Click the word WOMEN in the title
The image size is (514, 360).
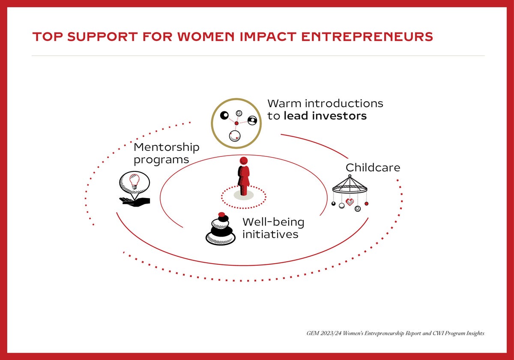click(206, 37)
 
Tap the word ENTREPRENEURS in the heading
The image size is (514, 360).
click(367, 37)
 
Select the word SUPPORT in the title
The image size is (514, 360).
click(102, 37)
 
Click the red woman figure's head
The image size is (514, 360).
click(243, 161)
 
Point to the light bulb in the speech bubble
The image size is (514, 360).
click(134, 181)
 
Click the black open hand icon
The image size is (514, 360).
click(134, 202)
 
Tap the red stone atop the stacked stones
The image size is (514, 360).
click(222, 214)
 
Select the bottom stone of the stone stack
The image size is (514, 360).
click(221, 239)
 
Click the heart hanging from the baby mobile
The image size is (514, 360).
click(350, 202)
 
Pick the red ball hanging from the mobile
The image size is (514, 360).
click(367, 204)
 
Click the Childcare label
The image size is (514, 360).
click(373, 168)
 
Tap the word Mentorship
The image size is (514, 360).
click(167, 147)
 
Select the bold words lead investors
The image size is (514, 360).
click(325, 116)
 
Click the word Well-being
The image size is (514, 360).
click(274, 222)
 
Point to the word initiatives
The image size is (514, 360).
click(271, 234)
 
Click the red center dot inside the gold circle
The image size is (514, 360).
click(236, 123)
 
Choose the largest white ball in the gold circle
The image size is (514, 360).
click(235, 136)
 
